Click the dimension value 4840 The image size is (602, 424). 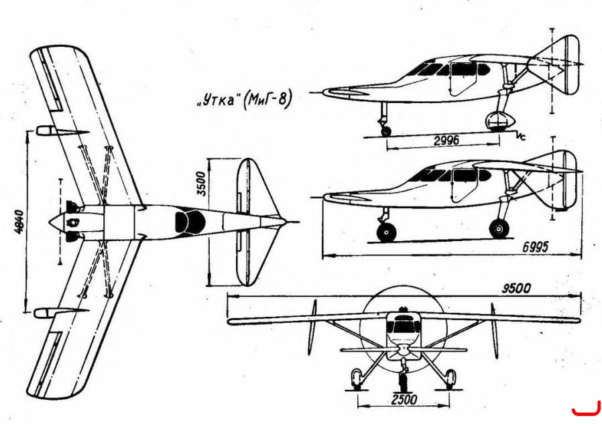point(19,222)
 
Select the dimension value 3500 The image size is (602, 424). point(202,184)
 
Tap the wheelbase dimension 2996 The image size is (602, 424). point(446,141)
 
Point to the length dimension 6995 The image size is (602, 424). point(535,247)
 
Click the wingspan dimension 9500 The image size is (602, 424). point(516,288)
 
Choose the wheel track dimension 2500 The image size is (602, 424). point(404,400)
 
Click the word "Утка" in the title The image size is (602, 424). point(217,100)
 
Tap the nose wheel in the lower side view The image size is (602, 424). point(386,232)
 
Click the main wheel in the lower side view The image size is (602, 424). point(499,228)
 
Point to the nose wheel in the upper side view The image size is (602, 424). point(386,131)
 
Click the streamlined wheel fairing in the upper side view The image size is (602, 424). point(499,121)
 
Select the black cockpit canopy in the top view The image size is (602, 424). point(190,222)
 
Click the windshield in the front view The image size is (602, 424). point(403,325)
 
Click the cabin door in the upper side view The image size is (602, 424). point(463,78)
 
